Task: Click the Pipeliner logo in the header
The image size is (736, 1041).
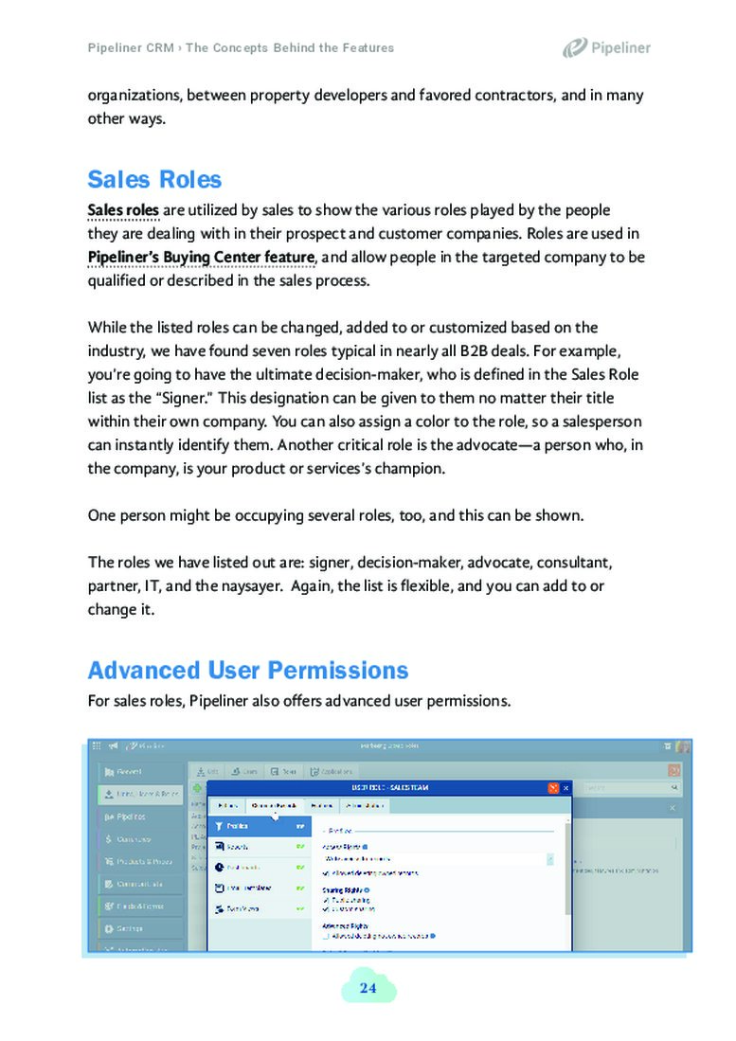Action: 606,47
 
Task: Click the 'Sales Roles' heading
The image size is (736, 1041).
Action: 154,180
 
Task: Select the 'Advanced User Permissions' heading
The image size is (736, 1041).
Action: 248,671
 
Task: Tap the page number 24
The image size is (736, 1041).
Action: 368,989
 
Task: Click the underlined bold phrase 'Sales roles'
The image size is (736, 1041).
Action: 123,209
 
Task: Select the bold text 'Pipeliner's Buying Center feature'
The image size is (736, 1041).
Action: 201,257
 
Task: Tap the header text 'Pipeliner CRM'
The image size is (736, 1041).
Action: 131,47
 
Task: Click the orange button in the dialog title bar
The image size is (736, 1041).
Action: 552,787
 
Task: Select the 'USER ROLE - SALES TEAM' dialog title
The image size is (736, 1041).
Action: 389,787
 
